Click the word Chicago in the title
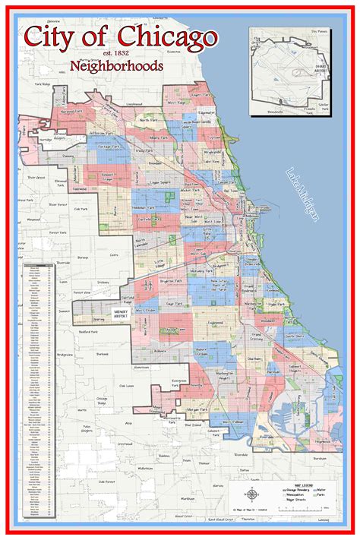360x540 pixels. tap(168, 39)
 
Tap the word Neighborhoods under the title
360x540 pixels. tap(116, 66)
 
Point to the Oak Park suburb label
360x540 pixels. tap(82, 210)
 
